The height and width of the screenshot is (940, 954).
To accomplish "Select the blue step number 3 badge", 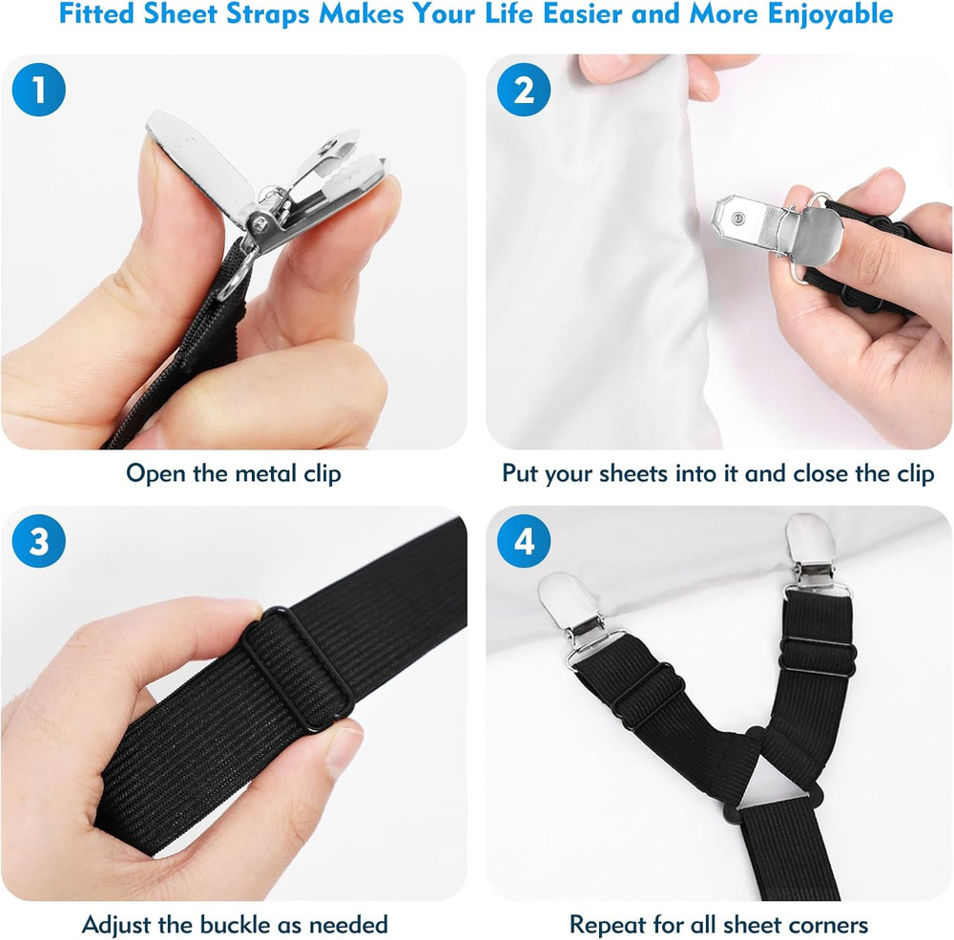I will click(38, 542).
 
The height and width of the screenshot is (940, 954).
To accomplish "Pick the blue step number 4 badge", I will click(524, 542).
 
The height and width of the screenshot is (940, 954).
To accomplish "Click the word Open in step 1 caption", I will click(155, 473).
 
